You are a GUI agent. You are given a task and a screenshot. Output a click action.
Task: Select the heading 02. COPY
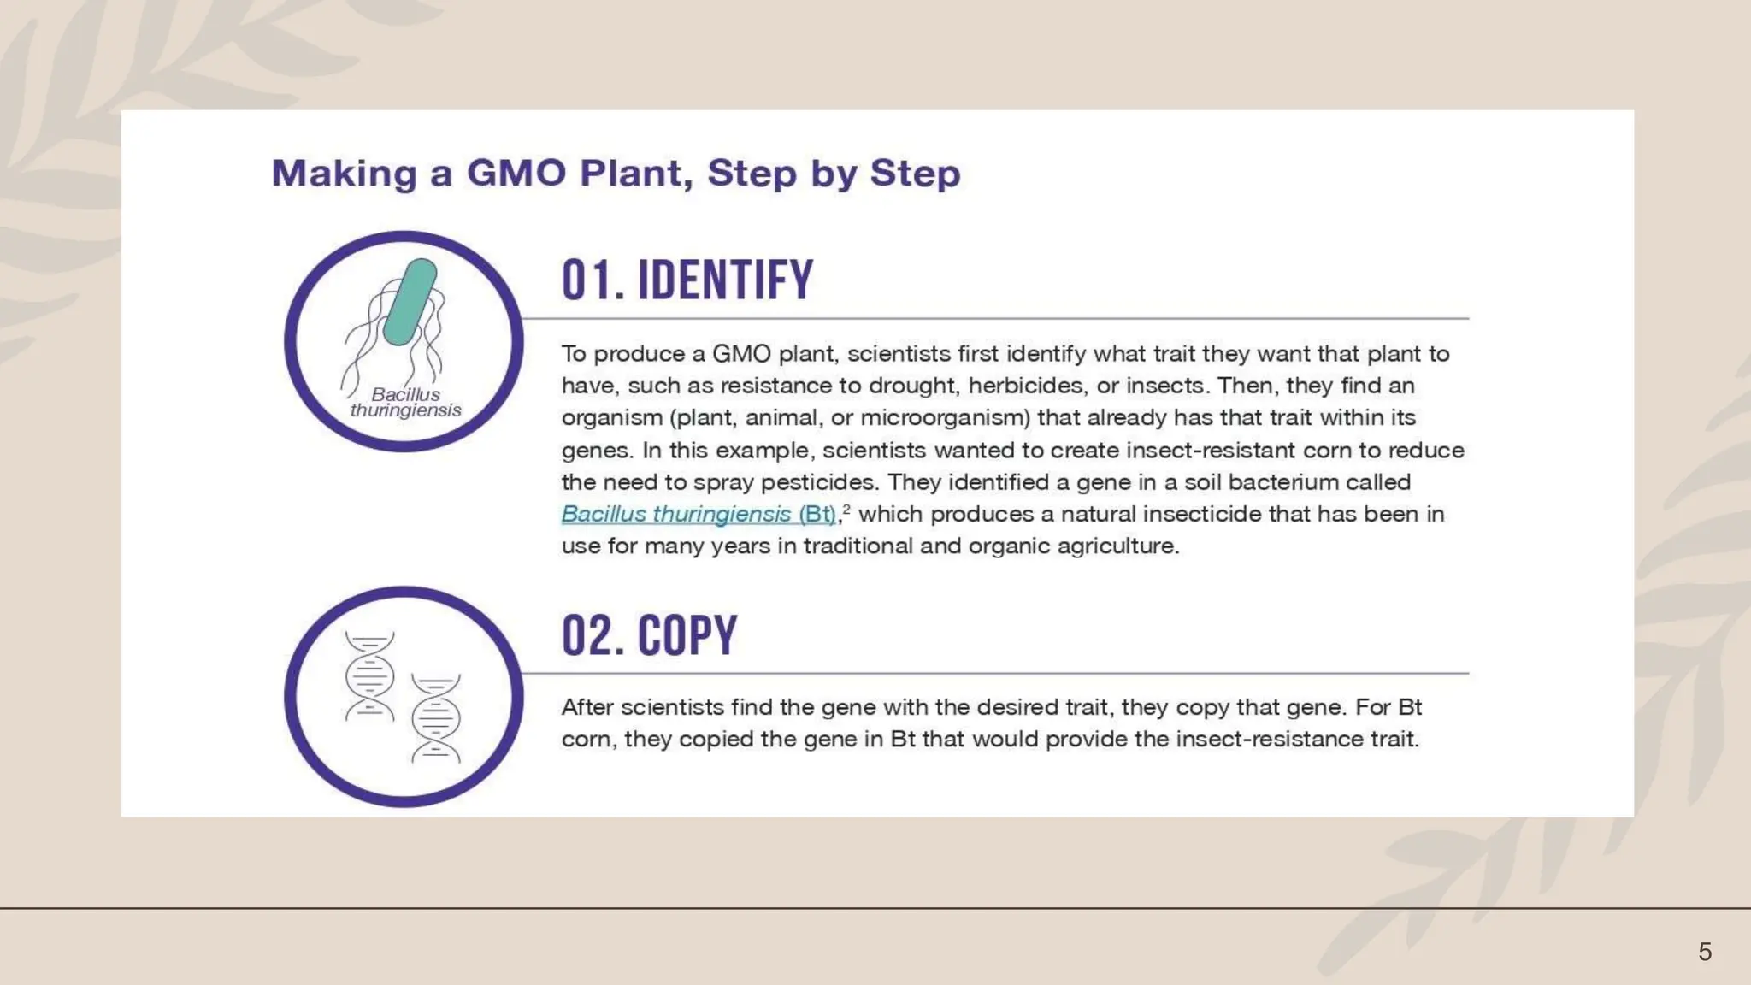[x=649, y=635]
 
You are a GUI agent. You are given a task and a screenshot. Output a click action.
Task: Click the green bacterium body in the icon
[x=410, y=302]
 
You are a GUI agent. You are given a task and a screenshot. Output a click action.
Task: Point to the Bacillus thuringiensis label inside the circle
[x=406, y=402]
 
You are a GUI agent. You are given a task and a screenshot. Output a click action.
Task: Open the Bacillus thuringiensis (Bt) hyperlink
[x=698, y=514]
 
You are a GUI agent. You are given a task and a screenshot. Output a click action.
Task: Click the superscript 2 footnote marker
[x=846, y=509]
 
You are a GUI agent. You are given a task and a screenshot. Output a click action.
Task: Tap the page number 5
[x=1705, y=952]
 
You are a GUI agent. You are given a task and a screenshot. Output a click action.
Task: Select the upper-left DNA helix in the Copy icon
[x=369, y=675]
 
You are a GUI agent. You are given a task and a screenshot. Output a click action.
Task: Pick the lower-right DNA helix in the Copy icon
[x=436, y=718]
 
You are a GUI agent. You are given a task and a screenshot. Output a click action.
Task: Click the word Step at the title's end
[x=915, y=174]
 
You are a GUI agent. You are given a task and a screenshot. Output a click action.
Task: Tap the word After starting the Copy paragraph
[x=587, y=707]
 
